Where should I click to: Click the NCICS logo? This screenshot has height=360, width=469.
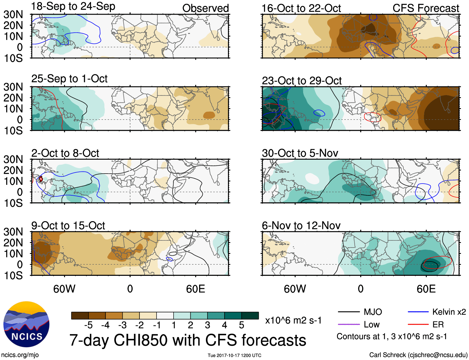[26, 324]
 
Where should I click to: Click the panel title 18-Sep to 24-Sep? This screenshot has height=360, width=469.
[73, 6]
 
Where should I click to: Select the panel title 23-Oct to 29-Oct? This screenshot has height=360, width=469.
[302, 81]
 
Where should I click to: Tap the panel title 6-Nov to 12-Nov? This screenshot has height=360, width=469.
[301, 226]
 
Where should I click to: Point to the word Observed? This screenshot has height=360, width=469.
[205, 8]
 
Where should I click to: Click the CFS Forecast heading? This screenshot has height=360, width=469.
[426, 8]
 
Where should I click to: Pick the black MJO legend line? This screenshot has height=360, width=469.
[348, 312]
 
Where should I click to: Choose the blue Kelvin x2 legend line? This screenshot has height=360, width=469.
[418, 312]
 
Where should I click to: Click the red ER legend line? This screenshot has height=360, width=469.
[418, 325]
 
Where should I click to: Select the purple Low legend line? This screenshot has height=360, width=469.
[348, 325]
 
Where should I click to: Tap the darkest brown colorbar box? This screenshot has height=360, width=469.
[80, 316]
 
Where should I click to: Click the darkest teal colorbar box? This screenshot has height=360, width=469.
[250, 316]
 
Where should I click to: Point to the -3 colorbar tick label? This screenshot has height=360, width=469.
[122, 325]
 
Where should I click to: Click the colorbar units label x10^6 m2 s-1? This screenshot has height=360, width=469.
[293, 321]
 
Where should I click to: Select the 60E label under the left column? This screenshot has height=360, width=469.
[195, 289]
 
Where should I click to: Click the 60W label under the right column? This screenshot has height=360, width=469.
[295, 289]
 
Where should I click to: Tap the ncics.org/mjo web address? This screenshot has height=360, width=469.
[20, 355]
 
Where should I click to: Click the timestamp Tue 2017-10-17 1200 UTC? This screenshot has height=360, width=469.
[234, 355]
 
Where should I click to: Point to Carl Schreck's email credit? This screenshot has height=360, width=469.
[418, 355]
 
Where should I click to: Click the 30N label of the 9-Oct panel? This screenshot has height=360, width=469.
[13, 232]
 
